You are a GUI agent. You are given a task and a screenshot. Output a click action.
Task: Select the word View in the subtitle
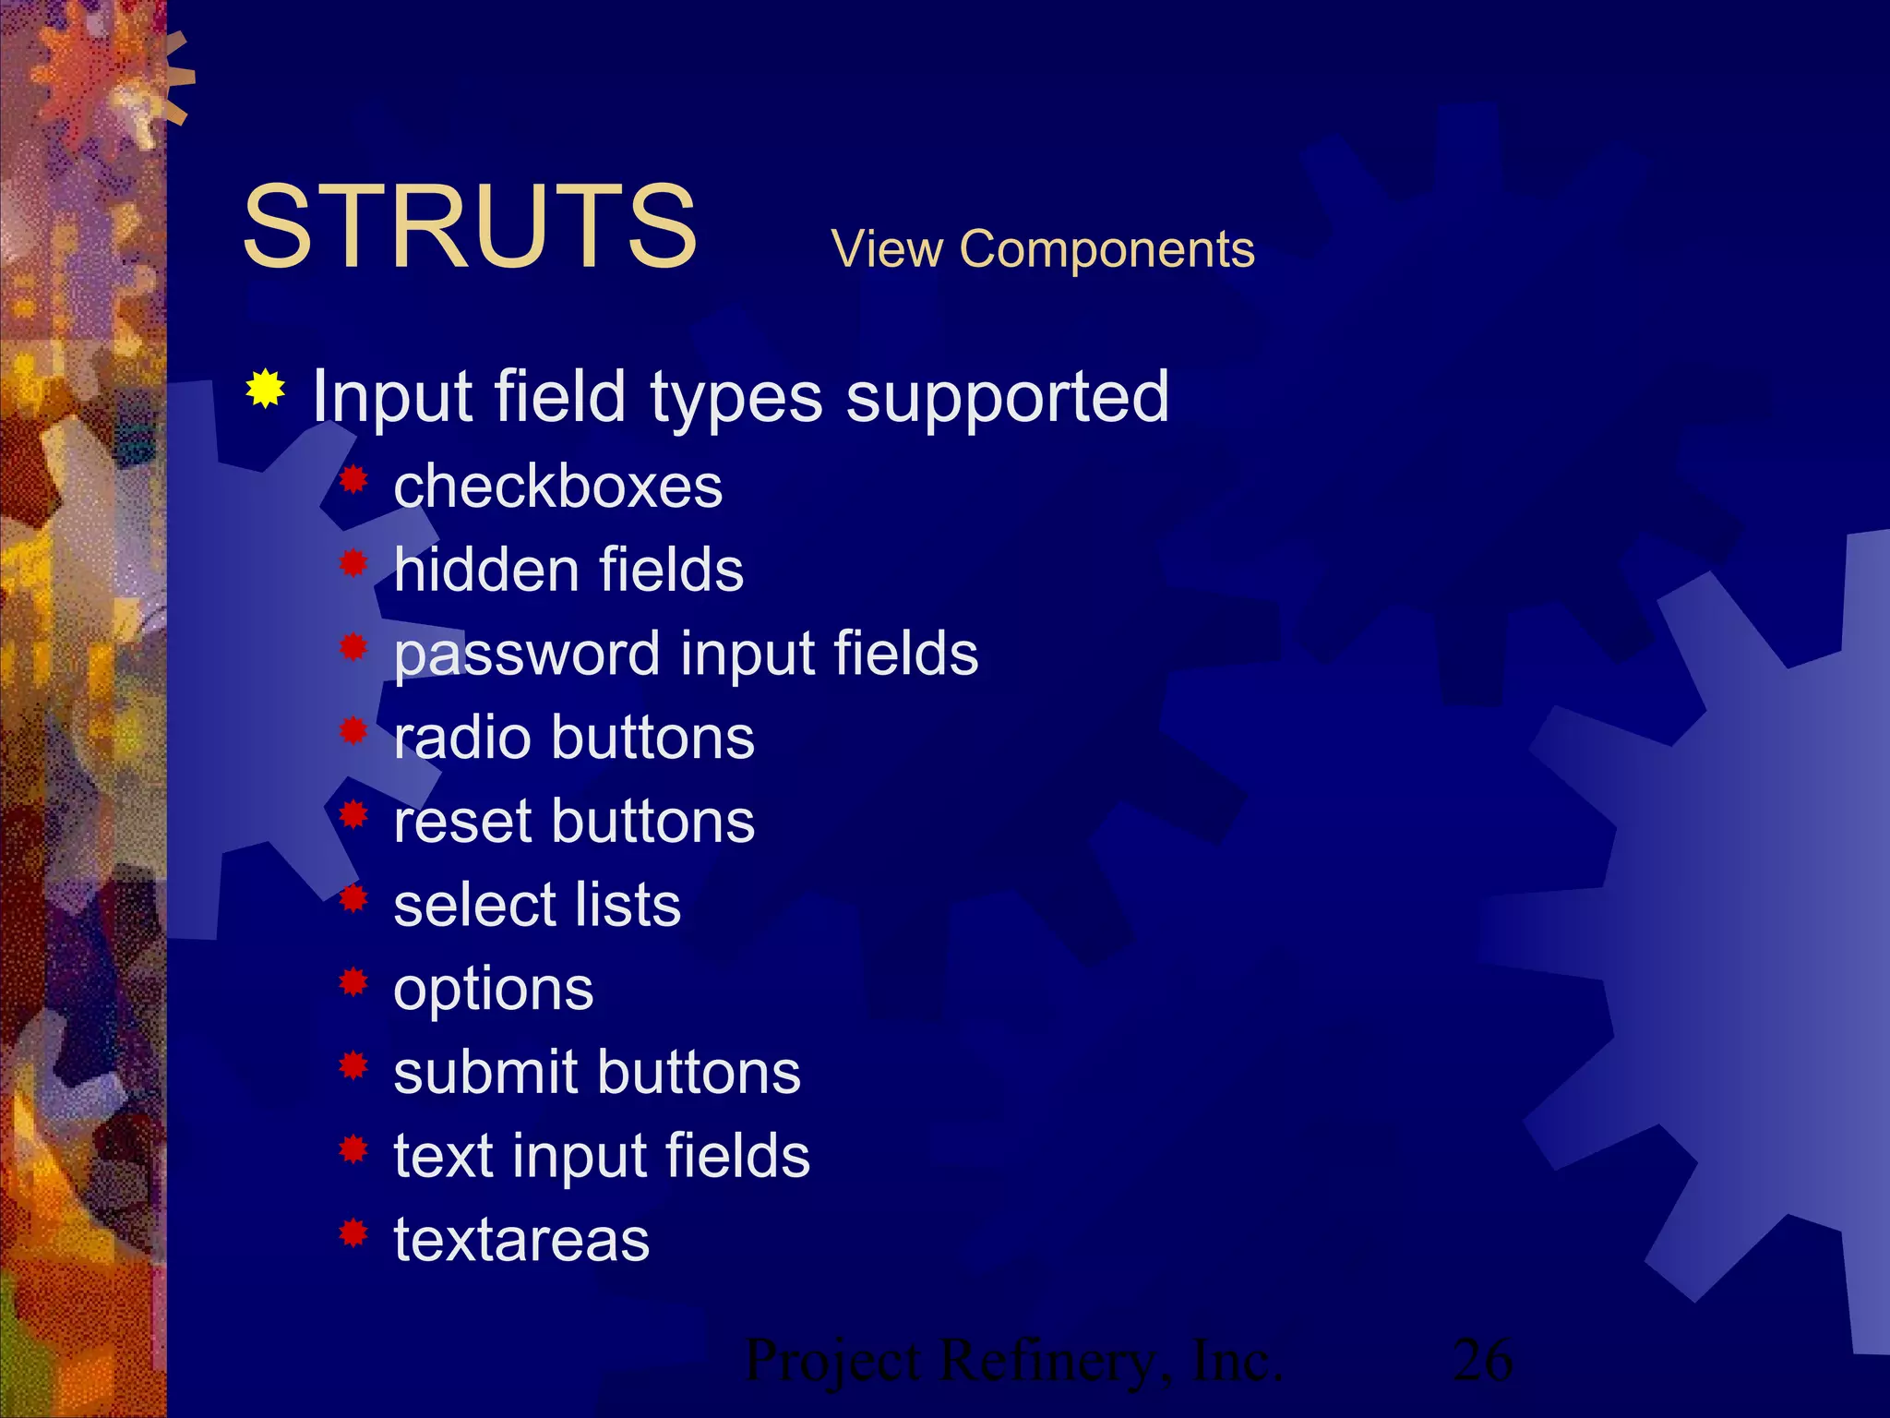887,249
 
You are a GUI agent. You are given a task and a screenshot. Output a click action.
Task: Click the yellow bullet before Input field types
265,389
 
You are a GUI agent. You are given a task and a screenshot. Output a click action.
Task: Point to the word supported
1007,397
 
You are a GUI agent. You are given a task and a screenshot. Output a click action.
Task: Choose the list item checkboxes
557,487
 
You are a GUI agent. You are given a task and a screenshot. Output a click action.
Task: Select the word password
527,655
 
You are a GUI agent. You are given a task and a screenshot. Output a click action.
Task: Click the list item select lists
537,905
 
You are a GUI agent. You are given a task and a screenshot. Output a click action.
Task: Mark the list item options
493,991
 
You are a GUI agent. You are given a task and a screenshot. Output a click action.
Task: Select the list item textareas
521,1240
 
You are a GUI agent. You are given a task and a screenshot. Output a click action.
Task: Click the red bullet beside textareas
353,1232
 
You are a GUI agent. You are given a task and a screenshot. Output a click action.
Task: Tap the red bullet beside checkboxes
353,479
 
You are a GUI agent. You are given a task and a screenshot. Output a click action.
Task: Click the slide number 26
1482,1360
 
